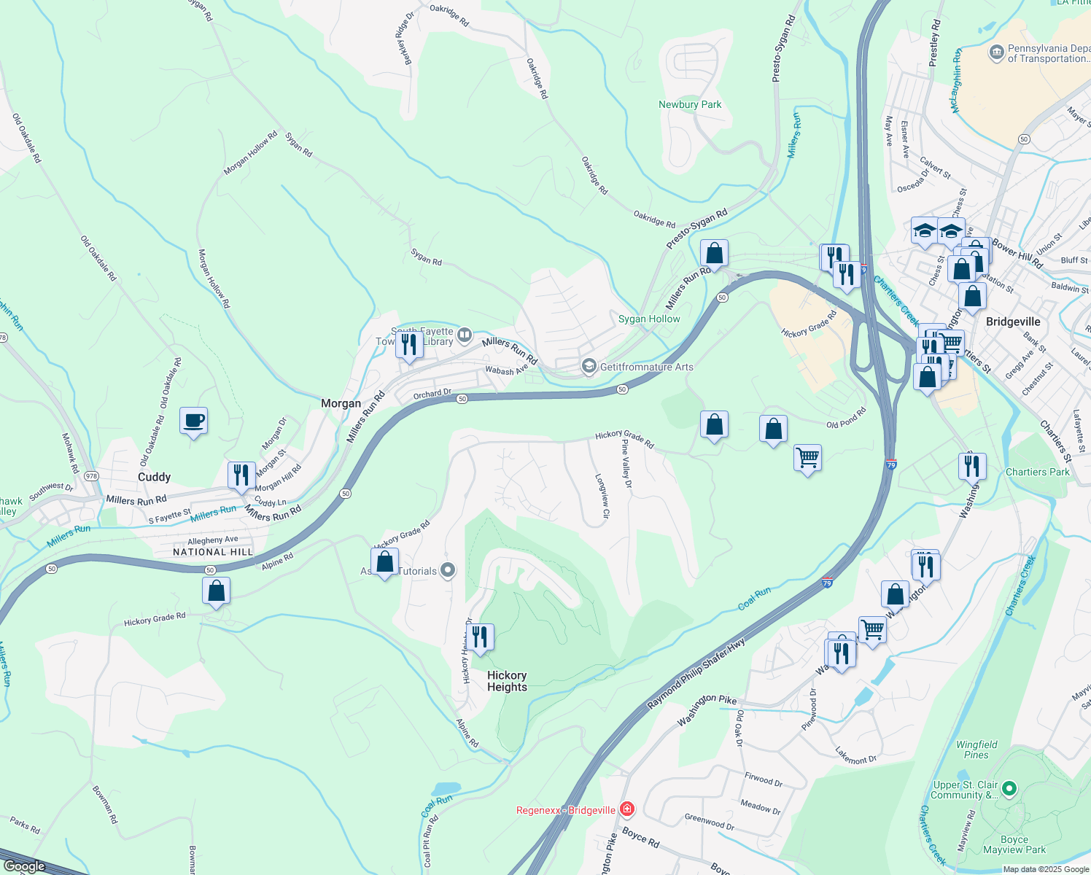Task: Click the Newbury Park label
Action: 689,104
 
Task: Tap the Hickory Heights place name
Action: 507,681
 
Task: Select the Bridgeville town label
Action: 1012,322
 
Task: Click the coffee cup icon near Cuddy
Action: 193,421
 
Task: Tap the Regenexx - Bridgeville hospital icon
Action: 626,809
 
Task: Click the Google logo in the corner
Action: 24,866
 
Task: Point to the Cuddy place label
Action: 154,477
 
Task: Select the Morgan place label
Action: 341,403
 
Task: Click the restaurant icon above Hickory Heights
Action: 480,637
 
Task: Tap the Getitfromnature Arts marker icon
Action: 589,366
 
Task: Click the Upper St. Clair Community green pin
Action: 1009,788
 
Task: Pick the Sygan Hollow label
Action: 649,319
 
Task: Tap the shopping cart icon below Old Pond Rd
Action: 807,459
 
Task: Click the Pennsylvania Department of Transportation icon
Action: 996,53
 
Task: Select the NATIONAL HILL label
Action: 213,552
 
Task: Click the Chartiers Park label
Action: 1037,472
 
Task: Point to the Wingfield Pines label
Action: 977,750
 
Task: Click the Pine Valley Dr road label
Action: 626,459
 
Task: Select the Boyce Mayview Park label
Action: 1014,844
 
